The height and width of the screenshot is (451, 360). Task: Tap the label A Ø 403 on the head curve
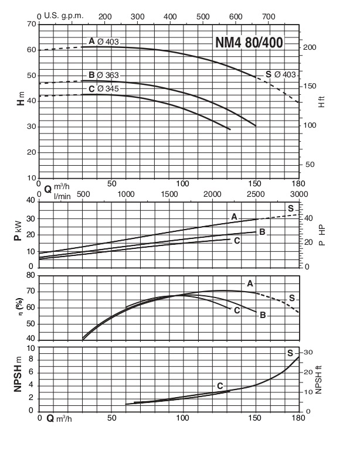tap(104, 41)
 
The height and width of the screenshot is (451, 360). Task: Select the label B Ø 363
tap(104, 75)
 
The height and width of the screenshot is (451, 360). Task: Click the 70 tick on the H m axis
tap(31, 25)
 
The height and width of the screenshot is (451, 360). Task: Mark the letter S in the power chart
tap(290, 209)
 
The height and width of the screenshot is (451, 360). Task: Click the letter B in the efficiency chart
tap(263, 315)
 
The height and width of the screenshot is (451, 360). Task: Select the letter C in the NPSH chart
tap(220, 386)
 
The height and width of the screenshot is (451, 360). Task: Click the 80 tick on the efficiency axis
tap(31, 275)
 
